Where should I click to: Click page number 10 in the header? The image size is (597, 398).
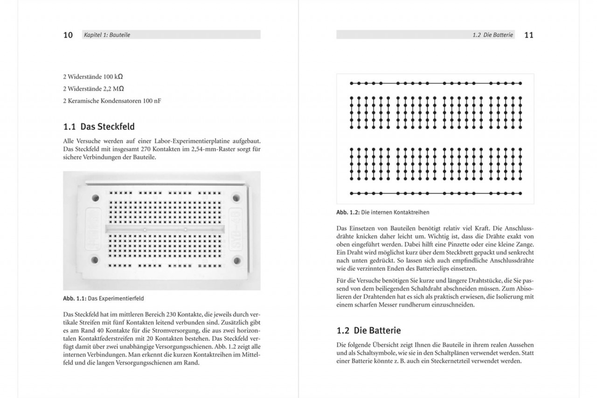[x=68, y=35]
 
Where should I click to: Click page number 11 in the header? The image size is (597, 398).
[x=528, y=35]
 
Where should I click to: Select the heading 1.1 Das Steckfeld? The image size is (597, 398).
[x=99, y=126]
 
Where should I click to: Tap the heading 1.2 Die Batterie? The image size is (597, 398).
[x=368, y=330]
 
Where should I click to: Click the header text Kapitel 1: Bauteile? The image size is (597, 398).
[x=107, y=35]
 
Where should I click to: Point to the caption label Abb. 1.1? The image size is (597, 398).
[x=75, y=298]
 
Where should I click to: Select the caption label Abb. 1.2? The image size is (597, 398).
[x=348, y=212]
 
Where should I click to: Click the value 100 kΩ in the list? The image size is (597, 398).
[x=113, y=76]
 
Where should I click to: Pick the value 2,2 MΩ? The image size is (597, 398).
[x=113, y=88]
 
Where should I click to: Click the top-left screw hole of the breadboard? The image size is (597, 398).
[x=95, y=198]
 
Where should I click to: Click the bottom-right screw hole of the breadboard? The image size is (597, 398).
[x=236, y=260]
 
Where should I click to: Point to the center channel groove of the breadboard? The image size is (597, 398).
[x=166, y=229]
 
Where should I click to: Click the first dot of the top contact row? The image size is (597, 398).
[x=352, y=84]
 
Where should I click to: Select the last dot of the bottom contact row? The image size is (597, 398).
[x=521, y=193]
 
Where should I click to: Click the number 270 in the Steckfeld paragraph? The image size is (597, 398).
[x=147, y=149]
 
